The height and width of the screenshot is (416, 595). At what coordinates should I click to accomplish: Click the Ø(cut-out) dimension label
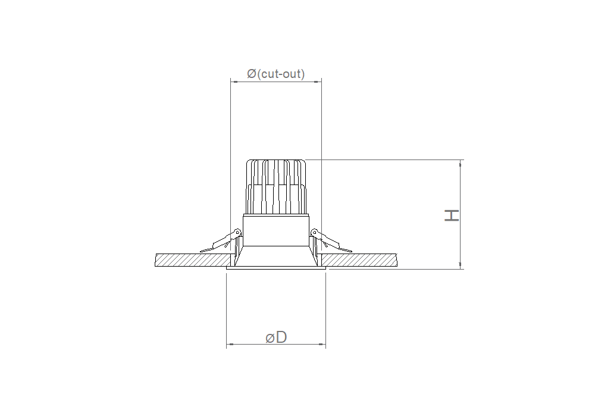(276, 74)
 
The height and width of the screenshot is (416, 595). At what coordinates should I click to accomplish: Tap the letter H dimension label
(452, 215)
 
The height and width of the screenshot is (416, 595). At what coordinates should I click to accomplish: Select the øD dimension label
(276, 337)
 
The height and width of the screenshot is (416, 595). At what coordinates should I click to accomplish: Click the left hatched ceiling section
(193, 260)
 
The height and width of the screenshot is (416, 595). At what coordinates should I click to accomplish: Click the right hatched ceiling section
(359, 260)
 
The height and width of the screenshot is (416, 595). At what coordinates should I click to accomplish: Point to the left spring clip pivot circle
(237, 232)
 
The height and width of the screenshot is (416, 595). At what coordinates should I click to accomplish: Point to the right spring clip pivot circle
(314, 232)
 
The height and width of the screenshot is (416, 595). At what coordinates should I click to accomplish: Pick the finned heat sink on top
(276, 187)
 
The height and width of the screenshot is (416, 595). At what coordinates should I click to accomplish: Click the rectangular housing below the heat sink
(276, 230)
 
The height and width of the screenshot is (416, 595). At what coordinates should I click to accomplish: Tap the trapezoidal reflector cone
(276, 256)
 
